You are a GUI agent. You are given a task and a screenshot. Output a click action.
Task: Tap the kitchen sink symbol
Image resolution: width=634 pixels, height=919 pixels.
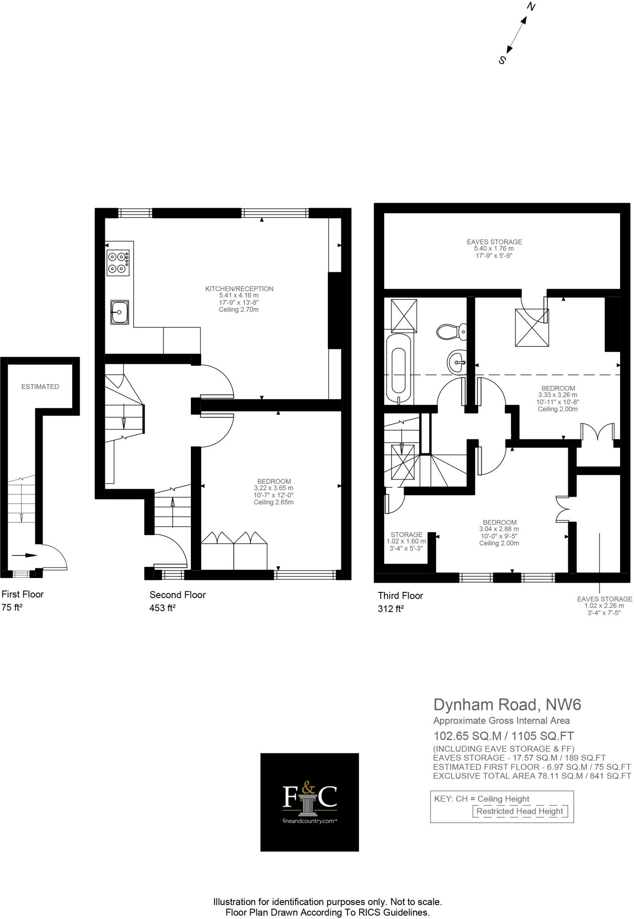119,312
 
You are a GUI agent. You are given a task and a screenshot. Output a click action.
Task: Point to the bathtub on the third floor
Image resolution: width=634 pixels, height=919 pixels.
398,369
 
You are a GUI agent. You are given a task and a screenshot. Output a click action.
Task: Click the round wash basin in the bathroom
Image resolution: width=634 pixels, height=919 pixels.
457,361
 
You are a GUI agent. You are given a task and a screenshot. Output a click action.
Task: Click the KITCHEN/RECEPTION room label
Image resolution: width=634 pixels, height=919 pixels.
239,289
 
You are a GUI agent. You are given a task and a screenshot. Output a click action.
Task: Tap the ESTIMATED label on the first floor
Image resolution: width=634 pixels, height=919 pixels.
40,386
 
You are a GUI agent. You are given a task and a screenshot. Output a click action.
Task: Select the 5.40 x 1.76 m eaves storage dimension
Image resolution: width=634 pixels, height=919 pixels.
494,249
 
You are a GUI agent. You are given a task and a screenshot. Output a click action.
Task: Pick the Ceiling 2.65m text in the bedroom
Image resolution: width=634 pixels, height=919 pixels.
273,502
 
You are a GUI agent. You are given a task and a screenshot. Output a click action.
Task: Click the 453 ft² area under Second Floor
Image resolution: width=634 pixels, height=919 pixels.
162,608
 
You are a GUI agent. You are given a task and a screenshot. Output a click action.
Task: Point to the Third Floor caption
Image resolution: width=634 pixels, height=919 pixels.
400,595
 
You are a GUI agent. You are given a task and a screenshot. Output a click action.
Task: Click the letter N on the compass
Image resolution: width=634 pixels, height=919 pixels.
531,7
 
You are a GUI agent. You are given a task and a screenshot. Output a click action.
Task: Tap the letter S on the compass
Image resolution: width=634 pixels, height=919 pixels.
502,60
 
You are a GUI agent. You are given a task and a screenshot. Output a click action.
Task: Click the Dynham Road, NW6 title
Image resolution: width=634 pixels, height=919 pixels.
507,705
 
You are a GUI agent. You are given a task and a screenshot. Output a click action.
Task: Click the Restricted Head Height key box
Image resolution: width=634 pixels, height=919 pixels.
520,811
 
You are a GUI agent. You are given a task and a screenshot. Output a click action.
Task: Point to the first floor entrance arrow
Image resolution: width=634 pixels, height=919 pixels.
24,555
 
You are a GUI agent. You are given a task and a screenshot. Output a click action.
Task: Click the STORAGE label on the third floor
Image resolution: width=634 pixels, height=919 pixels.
406,534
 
